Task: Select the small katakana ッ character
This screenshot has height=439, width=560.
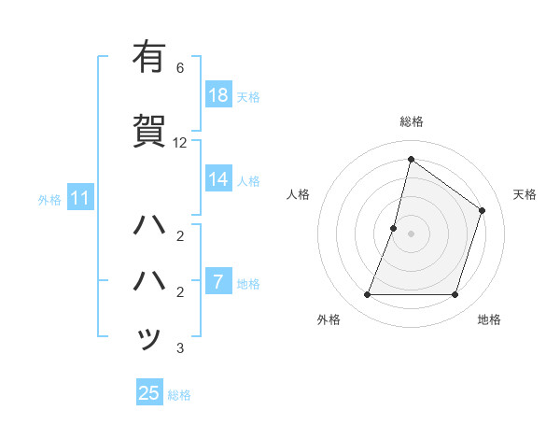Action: click(x=149, y=337)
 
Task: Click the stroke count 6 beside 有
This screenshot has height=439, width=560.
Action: click(x=180, y=68)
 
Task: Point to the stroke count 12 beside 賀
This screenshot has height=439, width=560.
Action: click(x=180, y=143)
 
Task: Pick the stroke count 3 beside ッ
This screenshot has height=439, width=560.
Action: click(x=180, y=348)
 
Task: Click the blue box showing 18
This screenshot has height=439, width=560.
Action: click(x=218, y=95)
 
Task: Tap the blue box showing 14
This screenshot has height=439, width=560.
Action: click(x=218, y=179)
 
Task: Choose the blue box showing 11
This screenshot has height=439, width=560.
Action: click(x=79, y=198)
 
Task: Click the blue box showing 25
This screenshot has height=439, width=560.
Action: click(x=149, y=393)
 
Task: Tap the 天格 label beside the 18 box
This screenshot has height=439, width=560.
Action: click(x=247, y=97)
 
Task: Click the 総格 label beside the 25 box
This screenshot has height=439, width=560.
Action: click(x=179, y=395)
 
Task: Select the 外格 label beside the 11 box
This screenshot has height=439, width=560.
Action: click(x=49, y=199)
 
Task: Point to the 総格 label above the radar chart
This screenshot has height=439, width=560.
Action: click(x=411, y=121)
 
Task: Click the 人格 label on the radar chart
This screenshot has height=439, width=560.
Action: click(x=298, y=194)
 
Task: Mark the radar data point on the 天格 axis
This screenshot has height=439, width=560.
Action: click(x=483, y=210)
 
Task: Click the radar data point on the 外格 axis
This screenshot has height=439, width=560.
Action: click(x=367, y=295)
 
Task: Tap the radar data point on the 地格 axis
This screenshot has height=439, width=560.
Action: click(x=455, y=295)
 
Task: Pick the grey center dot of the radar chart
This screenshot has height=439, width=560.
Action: click(x=411, y=234)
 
